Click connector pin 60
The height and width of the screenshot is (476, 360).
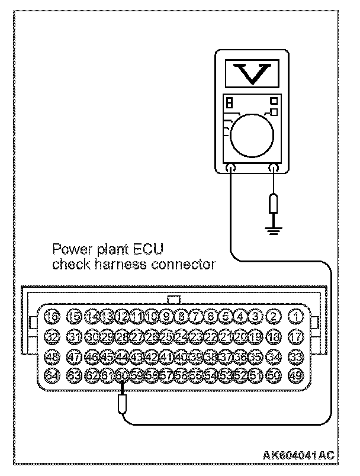122,375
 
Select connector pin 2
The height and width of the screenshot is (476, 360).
274,317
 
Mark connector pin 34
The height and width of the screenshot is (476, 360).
274,356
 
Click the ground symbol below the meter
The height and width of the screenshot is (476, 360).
273,228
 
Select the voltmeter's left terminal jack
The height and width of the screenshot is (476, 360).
231,169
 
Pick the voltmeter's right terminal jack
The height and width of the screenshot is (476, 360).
273,169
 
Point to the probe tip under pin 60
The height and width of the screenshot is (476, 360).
122,405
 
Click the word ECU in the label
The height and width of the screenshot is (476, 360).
150,247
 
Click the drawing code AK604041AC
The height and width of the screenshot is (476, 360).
299,455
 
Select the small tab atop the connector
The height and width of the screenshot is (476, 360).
175,300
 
